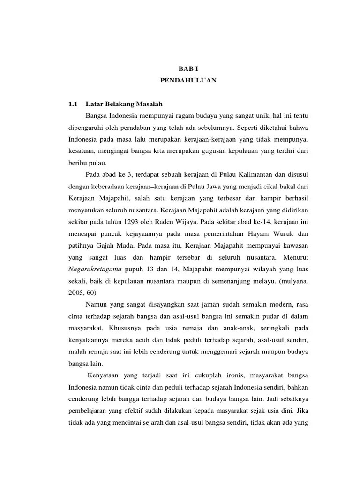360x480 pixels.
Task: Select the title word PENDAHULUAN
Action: pos(187,81)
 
